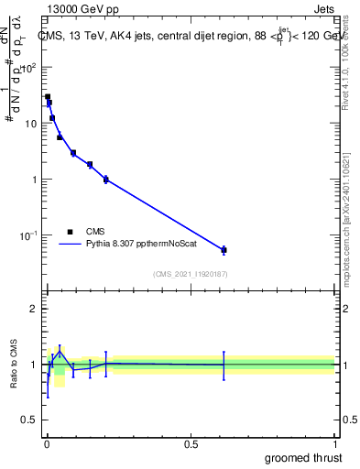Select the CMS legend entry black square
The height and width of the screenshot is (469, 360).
tap(71, 232)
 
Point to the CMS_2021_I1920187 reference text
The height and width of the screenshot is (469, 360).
tap(190, 273)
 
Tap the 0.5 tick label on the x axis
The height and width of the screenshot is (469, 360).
tap(191, 443)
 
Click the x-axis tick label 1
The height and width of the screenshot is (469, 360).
tap(335, 443)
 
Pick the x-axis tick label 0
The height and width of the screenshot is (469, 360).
tap(46, 443)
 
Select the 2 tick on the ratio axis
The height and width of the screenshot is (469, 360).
tap(33, 309)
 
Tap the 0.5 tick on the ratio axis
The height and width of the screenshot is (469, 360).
tap(29, 420)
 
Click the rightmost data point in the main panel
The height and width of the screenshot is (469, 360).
tap(224, 249)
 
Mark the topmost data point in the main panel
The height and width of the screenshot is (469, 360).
tap(48, 96)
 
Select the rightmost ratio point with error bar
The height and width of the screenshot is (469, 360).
tap(224, 365)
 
